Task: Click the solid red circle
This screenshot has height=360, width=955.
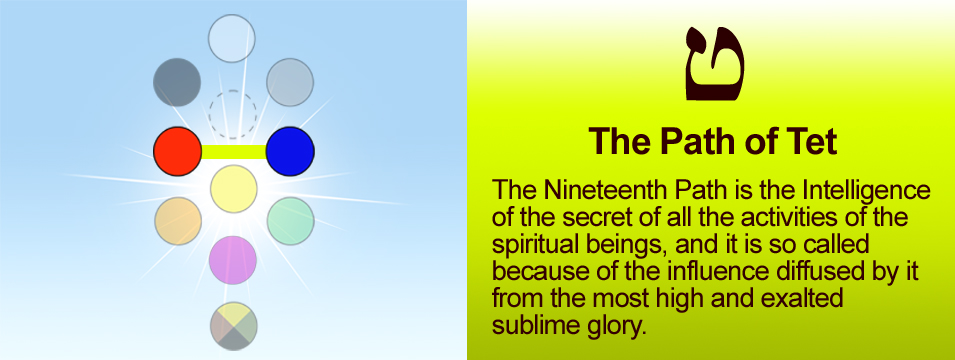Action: pos(177,151)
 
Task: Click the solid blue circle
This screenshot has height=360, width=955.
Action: pos(290,151)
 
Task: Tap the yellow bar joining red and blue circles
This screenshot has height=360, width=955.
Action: pos(234,152)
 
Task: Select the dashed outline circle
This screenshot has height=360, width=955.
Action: pos(233,114)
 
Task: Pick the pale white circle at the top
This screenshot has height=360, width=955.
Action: pos(231,38)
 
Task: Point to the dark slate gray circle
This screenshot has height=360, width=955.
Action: pos(177,82)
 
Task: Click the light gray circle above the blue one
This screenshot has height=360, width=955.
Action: pos(290,82)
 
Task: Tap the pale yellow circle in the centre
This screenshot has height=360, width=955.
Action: pos(234,189)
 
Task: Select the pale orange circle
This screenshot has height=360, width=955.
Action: pos(178,221)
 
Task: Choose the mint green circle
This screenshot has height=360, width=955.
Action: pos(291,221)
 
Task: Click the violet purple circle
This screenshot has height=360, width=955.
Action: pos(233,260)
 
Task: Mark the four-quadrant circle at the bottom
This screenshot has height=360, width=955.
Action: pos(234,326)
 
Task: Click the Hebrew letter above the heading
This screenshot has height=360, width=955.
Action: pos(715,63)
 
